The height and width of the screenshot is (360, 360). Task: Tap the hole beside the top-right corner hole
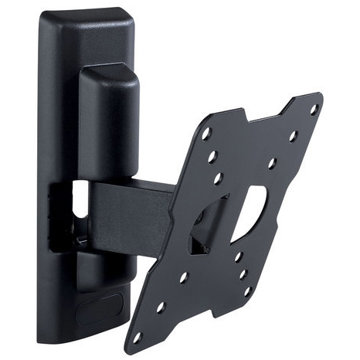pyautogui.click(x=293, y=136)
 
